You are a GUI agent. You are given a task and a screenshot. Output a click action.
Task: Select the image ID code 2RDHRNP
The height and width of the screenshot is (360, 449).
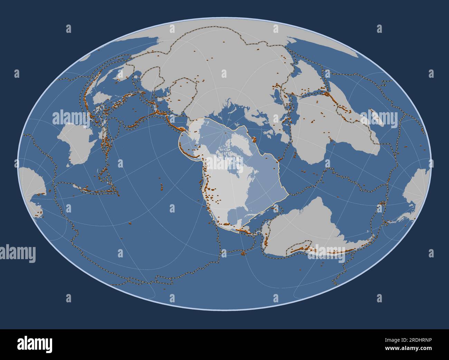418,340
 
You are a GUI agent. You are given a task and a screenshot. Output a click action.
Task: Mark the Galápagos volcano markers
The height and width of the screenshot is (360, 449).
244,254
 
